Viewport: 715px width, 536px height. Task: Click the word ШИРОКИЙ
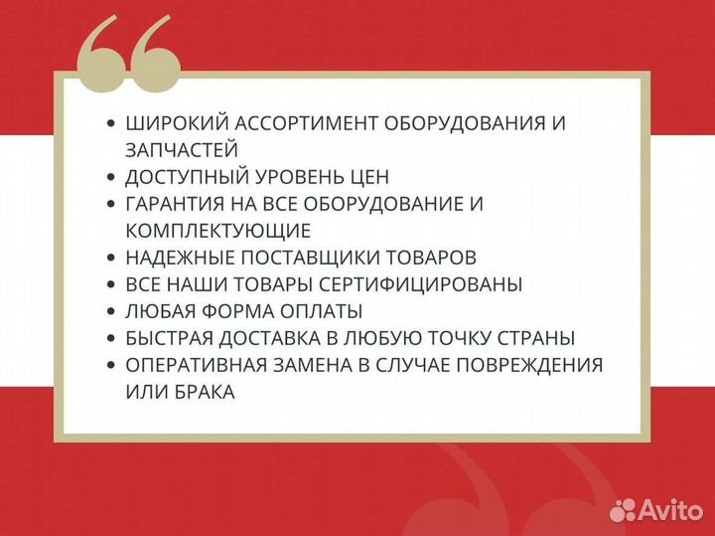click(x=173, y=124)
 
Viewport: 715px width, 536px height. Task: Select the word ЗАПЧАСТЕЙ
click(x=182, y=150)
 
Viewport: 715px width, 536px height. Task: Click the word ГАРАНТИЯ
click(x=177, y=204)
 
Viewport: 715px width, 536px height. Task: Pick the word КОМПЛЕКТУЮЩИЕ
click(x=218, y=231)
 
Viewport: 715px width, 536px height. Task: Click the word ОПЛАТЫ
click(x=322, y=311)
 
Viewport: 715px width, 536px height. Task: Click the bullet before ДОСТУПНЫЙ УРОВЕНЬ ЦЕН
click(x=110, y=177)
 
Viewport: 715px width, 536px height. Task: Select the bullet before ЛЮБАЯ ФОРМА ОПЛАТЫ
click(x=110, y=311)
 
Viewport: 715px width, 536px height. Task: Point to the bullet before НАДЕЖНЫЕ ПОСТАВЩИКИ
click(x=110, y=258)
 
